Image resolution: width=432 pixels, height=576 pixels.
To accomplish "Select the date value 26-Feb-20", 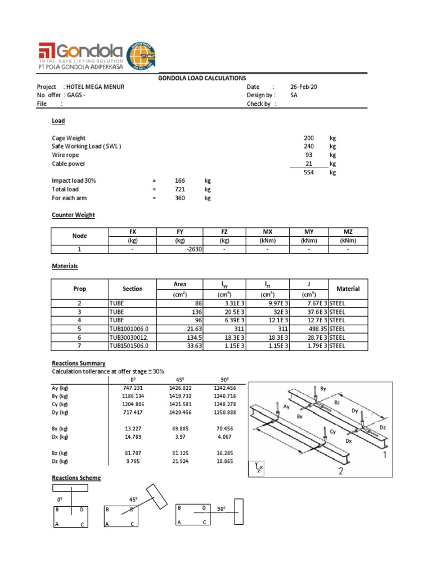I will (x=304, y=87).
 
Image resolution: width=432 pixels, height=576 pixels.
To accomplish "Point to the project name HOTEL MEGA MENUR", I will (x=96, y=87).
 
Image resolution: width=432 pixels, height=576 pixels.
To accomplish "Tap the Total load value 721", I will (x=180, y=190).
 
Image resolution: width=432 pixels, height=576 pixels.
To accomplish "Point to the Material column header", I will (x=348, y=289).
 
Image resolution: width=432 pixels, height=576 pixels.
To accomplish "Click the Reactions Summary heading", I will (x=78, y=363).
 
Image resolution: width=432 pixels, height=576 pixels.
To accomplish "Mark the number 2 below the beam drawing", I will (x=340, y=471).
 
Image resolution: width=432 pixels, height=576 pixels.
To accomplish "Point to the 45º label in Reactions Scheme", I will (x=134, y=499).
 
